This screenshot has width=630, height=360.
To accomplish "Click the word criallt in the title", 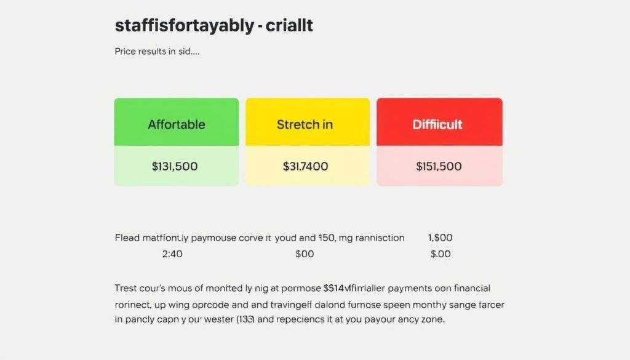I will coord(289,26).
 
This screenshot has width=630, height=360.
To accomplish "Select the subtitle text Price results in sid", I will coord(157,52).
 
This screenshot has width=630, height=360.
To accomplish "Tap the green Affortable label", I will coord(176,124).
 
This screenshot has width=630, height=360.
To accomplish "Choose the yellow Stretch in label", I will coord(305,124).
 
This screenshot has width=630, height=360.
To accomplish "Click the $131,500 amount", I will coord(176,166).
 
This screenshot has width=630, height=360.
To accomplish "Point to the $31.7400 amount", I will coord(305,166).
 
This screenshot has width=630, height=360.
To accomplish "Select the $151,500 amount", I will coord(439,166).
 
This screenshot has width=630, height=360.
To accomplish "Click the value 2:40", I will coord(171,254).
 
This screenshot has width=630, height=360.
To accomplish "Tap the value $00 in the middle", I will coord(305,254).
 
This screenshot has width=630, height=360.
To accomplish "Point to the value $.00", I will coord(441,254).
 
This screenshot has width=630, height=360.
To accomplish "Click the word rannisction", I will coord(376,238).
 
